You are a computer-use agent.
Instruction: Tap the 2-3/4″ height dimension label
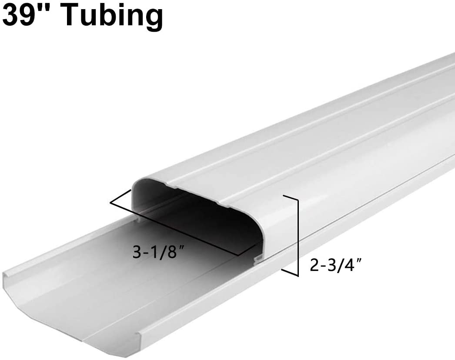coord(335,265)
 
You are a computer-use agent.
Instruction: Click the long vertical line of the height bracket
coord(298,237)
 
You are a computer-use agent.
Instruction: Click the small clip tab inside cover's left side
coord(138,220)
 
